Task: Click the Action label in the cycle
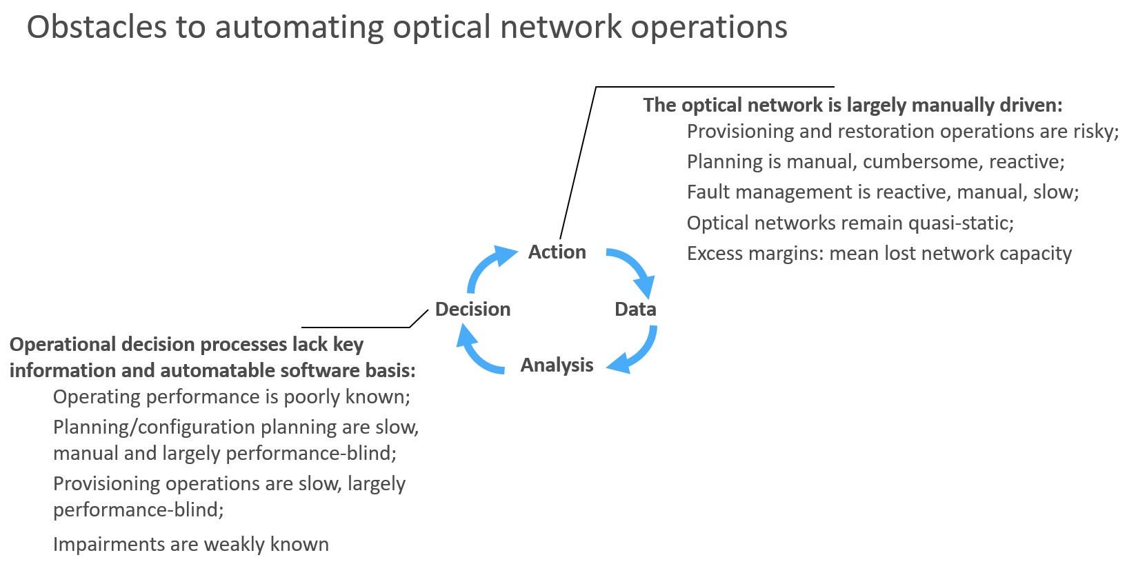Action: [557, 252]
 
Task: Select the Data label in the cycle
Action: [635, 309]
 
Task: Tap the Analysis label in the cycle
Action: [557, 365]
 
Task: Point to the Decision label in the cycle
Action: [473, 309]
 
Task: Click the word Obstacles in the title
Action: [96, 27]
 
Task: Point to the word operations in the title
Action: [709, 28]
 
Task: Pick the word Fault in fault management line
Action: [708, 192]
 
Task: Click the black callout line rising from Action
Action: [578, 163]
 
